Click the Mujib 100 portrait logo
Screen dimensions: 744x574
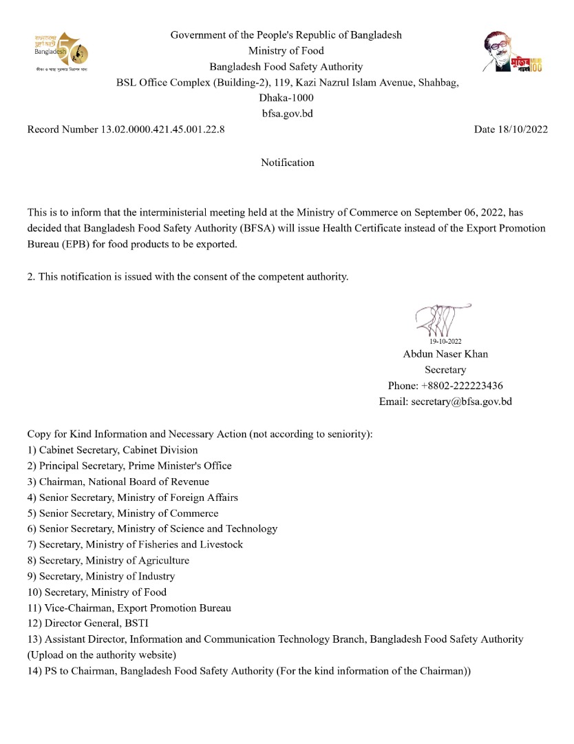pos(511,52)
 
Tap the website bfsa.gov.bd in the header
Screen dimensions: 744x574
pos(287,114)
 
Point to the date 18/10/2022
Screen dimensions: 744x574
pos(522,129)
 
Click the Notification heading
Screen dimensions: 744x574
pos(287,163)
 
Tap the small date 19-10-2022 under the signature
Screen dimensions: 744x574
pos(445,341)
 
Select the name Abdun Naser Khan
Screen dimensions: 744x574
pos(445,354)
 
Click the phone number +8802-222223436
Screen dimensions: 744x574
pos(467,386)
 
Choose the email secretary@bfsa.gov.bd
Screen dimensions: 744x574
pos(461,402)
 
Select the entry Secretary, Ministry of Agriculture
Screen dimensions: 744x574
pos(114,560)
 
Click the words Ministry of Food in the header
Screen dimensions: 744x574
pos(286,50)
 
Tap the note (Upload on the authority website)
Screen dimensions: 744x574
pos(102,654)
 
